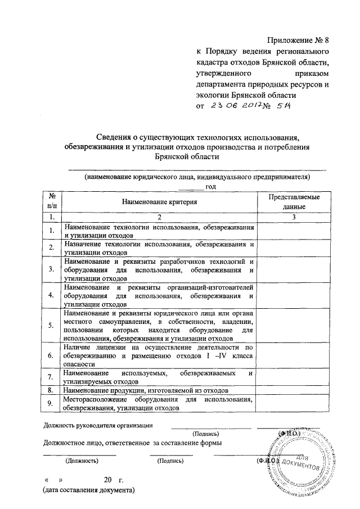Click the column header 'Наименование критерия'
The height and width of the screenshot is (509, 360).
[159, 201]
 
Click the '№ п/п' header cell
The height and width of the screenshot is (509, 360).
[51, 201]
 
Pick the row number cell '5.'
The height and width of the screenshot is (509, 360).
[51, 326]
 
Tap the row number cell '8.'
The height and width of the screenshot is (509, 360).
[51, 389]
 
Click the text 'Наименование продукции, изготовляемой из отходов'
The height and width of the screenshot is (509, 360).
[146, 389]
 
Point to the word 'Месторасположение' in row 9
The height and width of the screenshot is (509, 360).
[98, 399]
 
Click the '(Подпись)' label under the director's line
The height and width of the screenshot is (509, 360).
[209, 434]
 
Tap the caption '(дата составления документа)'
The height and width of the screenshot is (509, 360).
[89, 490]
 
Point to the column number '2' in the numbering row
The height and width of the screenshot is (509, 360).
[159, 216]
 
